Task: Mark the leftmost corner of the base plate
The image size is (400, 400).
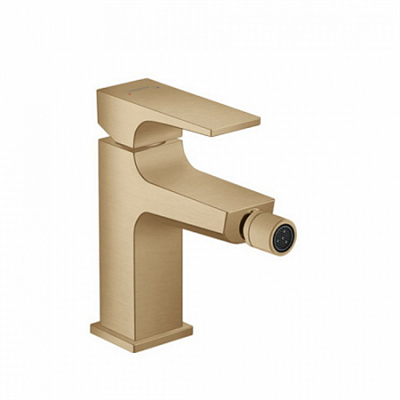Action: click(x=90, y=329)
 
